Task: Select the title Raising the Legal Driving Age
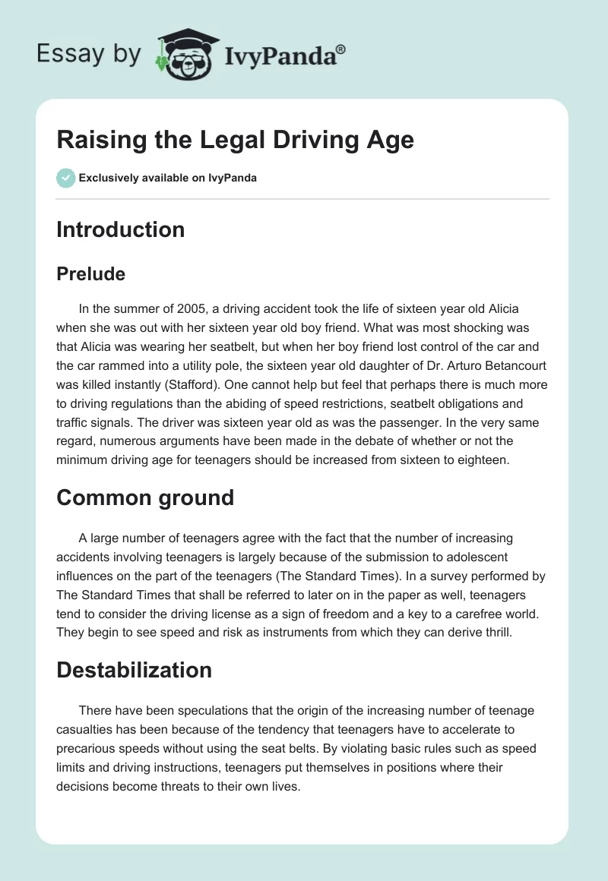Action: pos(235,140)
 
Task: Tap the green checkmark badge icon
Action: pos(65,178)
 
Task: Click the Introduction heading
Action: pos(120,229)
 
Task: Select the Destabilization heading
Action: pos(134,669)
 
